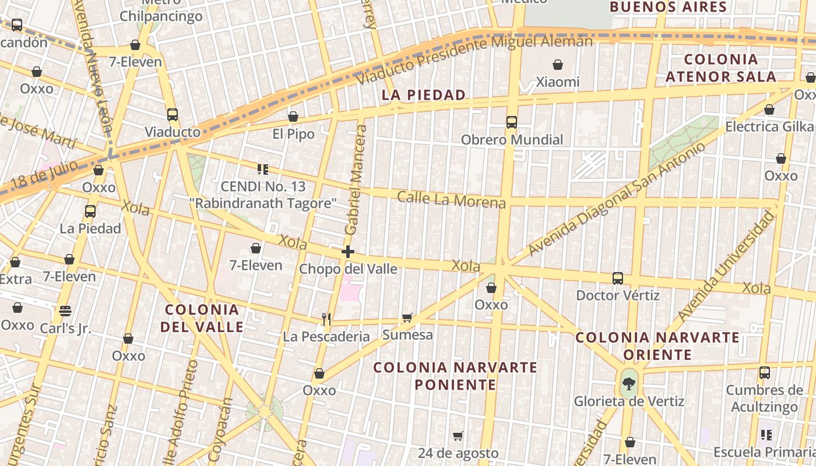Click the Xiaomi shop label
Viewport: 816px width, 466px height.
[x=558, y=82]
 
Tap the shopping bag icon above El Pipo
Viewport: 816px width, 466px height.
[x=293, y=117]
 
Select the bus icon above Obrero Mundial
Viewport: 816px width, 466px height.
[x=512, y=122]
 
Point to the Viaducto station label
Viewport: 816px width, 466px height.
[x=173, y=132]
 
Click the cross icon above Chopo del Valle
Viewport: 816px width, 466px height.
[x=348, y=252]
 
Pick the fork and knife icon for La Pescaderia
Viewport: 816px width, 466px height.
[x=326, y=319]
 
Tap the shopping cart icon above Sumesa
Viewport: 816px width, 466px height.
[x=407, y=317]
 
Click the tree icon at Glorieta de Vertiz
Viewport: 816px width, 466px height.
[x=628, y=383]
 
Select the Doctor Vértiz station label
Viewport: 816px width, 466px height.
[x=618, y=295]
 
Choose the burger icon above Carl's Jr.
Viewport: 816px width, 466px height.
[x=65, y=311]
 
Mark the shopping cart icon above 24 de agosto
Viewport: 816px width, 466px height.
[x=458, y=436]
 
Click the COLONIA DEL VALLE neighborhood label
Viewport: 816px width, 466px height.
[x=202, y=318]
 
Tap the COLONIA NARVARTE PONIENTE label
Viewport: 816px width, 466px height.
[x=455, y=376]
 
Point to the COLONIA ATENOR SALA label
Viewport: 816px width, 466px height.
[x=721, y=68]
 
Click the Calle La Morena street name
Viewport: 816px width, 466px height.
[x=451, y=199]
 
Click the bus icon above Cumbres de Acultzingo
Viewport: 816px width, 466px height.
[x=764, y=373]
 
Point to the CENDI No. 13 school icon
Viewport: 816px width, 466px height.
[x=263, y=170]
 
